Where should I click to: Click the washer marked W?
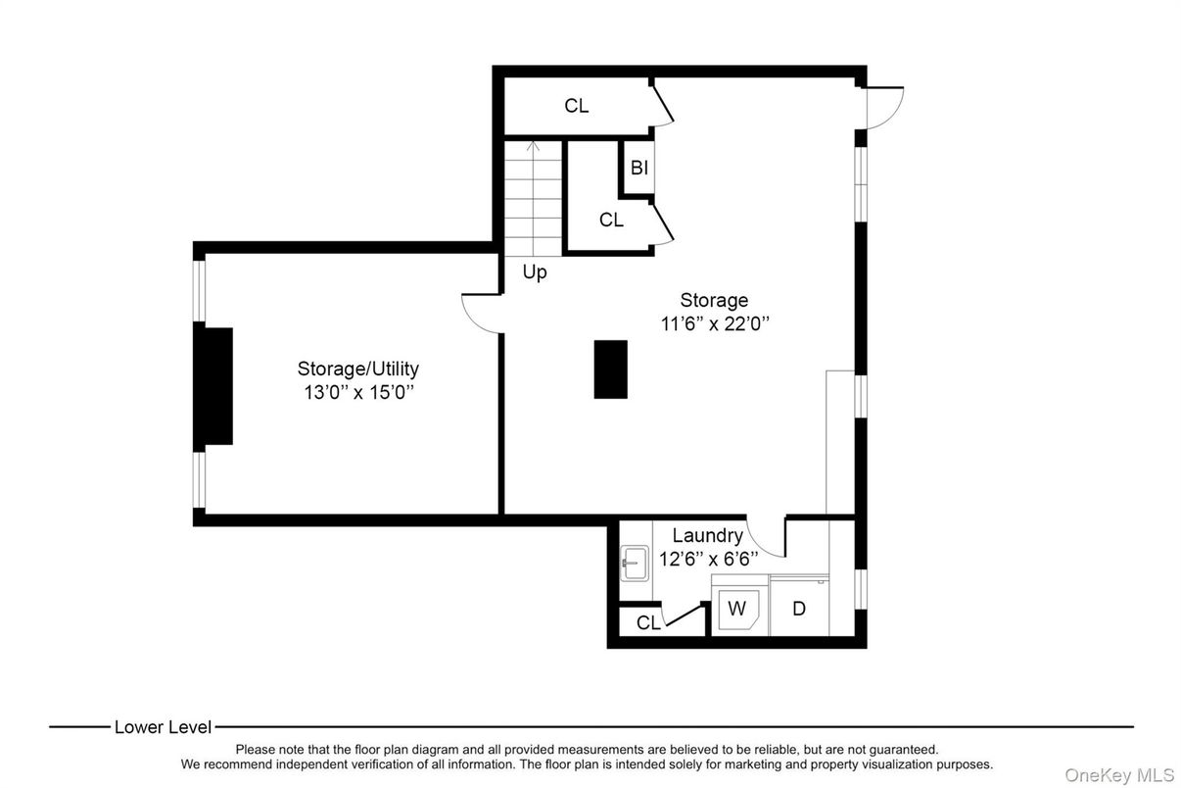(739, 605)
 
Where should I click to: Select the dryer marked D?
(799, 606)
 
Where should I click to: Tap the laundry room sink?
(635, 564)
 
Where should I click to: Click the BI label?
(639, 168)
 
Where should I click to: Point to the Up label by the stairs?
(535, 272)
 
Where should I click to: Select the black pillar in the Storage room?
(610, 369)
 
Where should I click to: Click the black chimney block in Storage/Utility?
(213, 386)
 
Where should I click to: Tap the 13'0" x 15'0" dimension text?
(358, 393)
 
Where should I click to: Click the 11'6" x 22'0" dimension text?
(715, 323)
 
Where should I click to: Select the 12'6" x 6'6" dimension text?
(709, 559)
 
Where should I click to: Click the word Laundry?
(708, 536)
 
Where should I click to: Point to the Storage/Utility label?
(358, 369)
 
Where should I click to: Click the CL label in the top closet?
(576, 106)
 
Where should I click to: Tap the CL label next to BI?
(611, 220)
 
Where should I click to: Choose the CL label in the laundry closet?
(648, 622)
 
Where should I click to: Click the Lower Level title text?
(163, 727)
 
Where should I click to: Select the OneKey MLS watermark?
(1119, 775)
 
